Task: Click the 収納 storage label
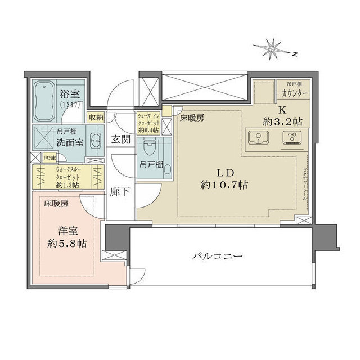click(95, 117)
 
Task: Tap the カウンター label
click(292, 93)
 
